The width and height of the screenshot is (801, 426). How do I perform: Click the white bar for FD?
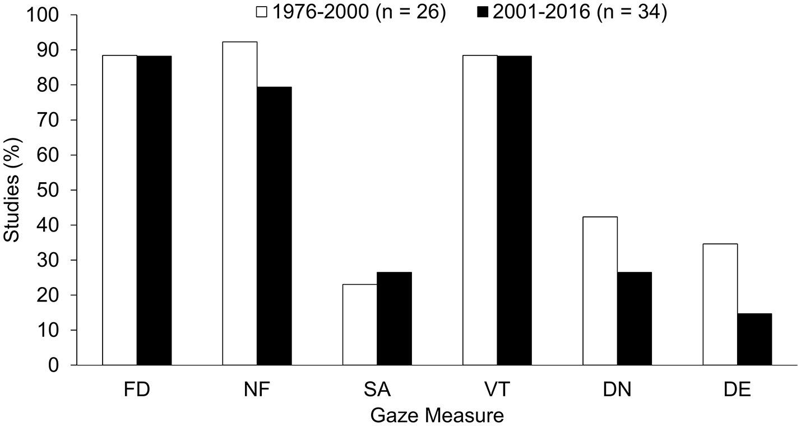coord(119,210)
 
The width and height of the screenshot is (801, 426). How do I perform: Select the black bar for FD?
coord(154,211)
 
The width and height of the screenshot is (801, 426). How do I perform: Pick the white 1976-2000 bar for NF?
coord(240,203)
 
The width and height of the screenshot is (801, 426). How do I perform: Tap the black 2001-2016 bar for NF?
coord(274,226)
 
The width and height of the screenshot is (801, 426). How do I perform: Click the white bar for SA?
coord(360,325)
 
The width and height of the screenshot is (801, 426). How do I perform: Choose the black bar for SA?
coord(394,318)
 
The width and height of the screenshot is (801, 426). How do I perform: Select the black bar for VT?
coord(514,211)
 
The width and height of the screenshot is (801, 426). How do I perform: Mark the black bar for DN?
coord(634,318)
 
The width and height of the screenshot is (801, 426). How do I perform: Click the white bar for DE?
coord(720,304)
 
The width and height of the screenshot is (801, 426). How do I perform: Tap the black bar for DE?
coord(754,339)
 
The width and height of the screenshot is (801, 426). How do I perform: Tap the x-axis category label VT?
coord(497,390)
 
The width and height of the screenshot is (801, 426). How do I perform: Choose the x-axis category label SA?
coord(377,390)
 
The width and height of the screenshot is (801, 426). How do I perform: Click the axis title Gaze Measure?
coord(437,415)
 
